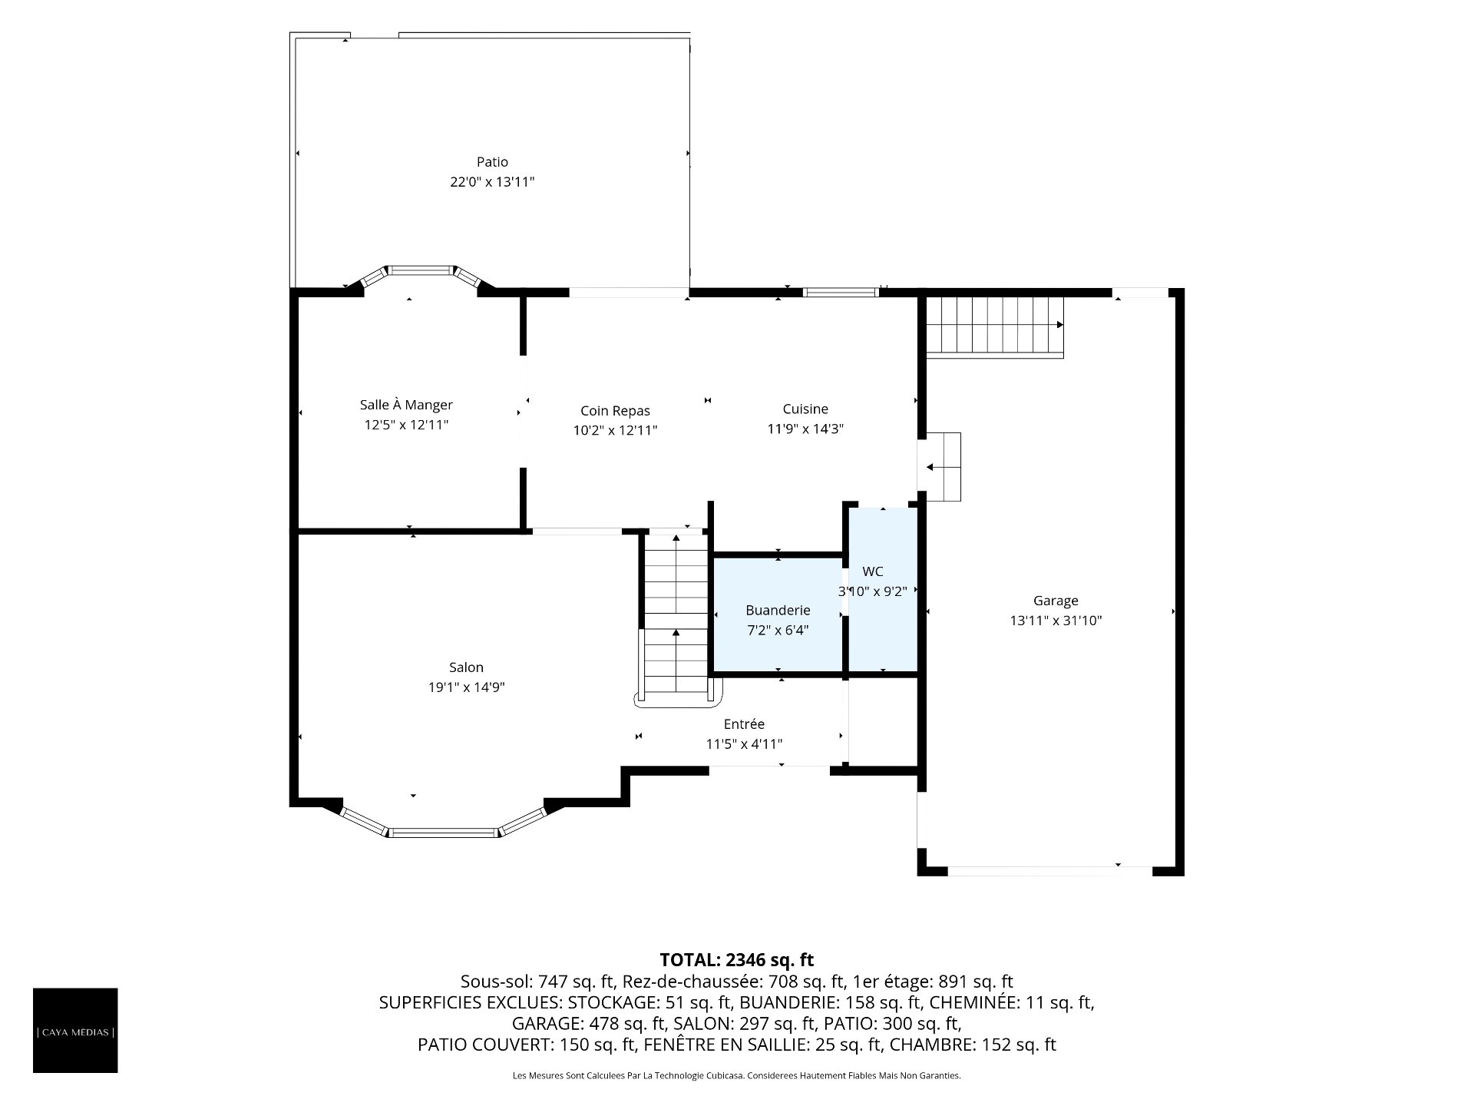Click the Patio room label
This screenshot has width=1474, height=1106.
(x=492, y=162)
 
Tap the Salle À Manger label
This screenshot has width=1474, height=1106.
(x=406, y=405)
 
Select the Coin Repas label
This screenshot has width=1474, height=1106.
(x=615, y=412)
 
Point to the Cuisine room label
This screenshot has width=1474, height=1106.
(x=805, y=409)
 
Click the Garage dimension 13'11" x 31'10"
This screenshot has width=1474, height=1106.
(x=1056, y=621)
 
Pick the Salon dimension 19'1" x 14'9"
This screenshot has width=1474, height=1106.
(x=466, y=687)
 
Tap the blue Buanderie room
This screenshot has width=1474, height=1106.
(x=778, y=615)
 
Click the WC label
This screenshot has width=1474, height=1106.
(x=873, y=571)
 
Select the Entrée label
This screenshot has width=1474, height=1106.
(x=744, y=724)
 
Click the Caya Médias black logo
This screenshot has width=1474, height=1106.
(x=75, y=1030)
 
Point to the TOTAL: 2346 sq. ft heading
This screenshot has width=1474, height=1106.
(x=737, y=960)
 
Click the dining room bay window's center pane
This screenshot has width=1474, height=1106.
(x=419, y=270)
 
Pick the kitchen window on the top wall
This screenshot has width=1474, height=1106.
(x=841, y=292)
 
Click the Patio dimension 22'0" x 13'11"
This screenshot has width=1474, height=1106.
(x=492, y=182)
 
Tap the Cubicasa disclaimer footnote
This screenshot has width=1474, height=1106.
(x=737, y=1076)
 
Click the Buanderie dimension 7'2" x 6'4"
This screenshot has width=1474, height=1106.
(x=778, y=631)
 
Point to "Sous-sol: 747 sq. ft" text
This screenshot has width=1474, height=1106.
(x=536, y=982)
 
